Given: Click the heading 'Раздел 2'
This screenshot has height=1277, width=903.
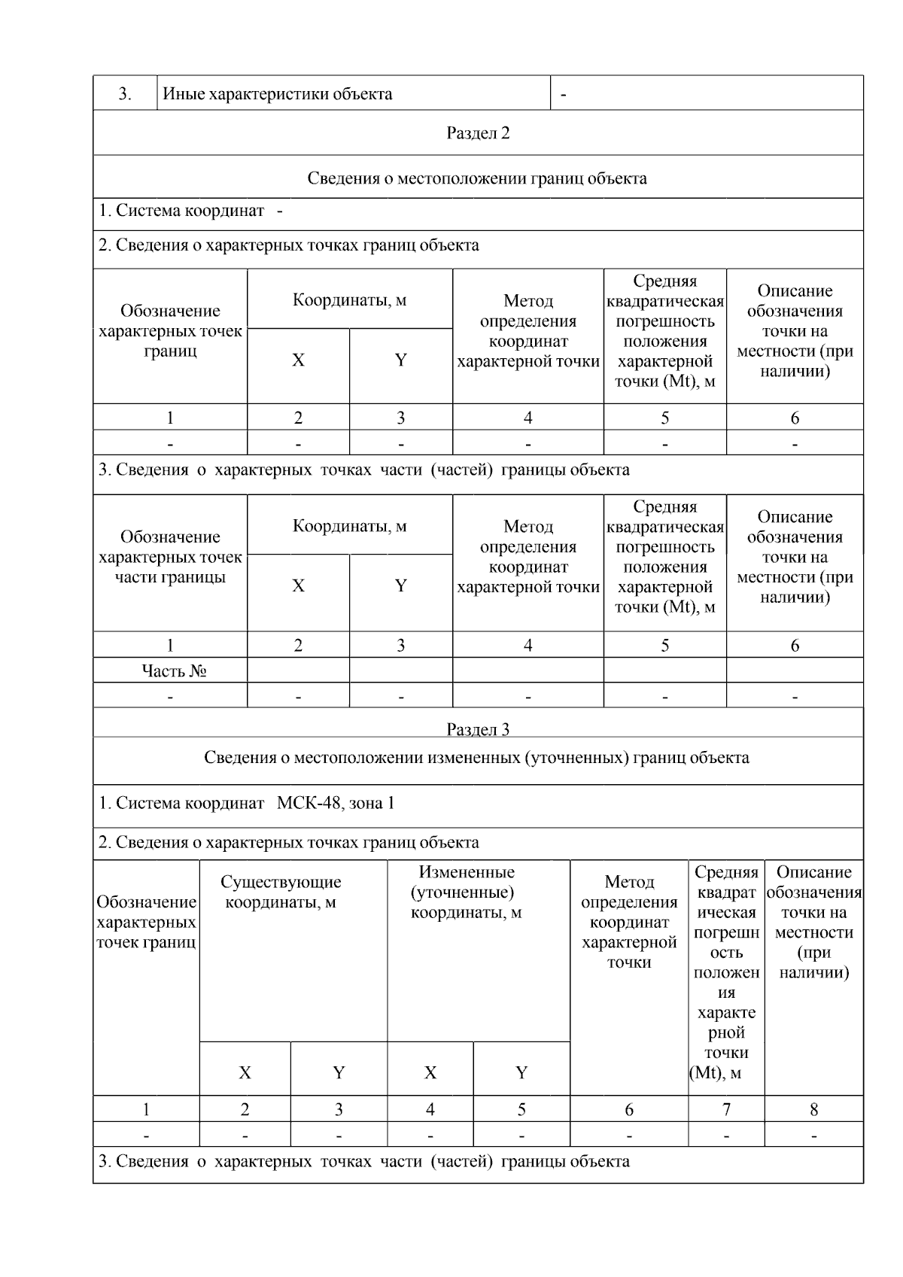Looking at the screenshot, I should pos(478,133).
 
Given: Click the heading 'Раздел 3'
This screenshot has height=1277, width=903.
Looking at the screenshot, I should pos(478,728).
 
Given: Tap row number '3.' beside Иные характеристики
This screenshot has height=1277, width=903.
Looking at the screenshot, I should pos(125,94).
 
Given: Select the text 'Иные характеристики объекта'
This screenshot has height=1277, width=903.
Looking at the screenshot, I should pos(278,94).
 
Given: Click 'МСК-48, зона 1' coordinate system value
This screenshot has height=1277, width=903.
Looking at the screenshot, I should pos(336,803).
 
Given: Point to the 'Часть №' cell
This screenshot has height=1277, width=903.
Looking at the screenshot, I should pos(174,670).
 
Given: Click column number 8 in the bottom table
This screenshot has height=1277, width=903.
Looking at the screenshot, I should pos(813,1108).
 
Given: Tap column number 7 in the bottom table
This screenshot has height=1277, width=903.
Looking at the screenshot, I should pos(726,1108).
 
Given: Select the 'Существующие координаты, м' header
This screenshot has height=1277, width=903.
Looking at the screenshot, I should pos(281,892).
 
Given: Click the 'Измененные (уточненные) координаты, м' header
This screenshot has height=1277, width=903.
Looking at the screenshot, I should pos(467,892).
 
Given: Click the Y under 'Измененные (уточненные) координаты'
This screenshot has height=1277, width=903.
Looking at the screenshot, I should pos(521,1072).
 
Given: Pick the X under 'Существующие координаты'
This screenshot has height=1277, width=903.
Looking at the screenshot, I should pos(245,1072).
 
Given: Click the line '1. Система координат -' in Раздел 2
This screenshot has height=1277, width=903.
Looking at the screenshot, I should pos(191,211).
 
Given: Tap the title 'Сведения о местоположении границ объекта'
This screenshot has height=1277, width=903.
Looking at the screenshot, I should pos(477,178).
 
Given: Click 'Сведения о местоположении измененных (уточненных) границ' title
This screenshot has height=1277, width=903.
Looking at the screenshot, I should pos(476,757).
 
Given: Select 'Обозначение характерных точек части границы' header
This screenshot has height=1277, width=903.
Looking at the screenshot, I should pos(170,557).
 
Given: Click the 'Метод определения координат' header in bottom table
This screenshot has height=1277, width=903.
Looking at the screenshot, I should pos(629,922).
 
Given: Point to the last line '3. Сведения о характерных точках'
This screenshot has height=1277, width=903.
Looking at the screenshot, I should pos(363,1161).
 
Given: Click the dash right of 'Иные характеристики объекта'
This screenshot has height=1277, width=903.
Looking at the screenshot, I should pos(564,95).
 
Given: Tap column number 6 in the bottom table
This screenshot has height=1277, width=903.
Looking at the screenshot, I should pos(629,1108).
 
